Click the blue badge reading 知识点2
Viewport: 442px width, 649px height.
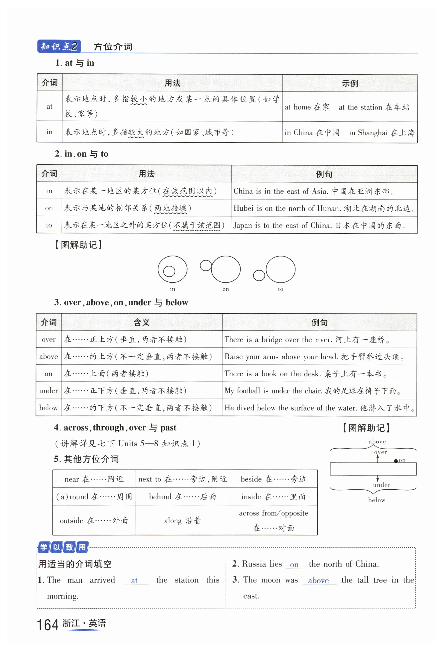coord(59,46)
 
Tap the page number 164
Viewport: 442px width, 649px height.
coord(48,625)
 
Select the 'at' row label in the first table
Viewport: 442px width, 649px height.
coord(49,106)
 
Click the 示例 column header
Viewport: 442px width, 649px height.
coord(350,83)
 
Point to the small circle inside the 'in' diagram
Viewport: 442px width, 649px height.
coord(169,271)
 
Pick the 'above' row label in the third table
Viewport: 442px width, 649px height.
coord(48,357)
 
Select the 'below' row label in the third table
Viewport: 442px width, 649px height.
coord(48,408)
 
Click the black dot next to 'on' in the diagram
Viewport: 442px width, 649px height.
coord(396,461)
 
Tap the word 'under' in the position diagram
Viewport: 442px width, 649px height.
coord(381,485)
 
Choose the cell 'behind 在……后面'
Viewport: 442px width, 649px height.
coord(182,497)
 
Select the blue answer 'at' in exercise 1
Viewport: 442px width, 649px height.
coord(134,581)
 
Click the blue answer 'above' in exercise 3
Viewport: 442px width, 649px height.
coord(318,581)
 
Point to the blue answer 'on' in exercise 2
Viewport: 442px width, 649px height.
coord(294,565)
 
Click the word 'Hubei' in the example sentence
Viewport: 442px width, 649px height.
coord(244,208)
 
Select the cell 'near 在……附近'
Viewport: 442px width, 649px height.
coord(94,479)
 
